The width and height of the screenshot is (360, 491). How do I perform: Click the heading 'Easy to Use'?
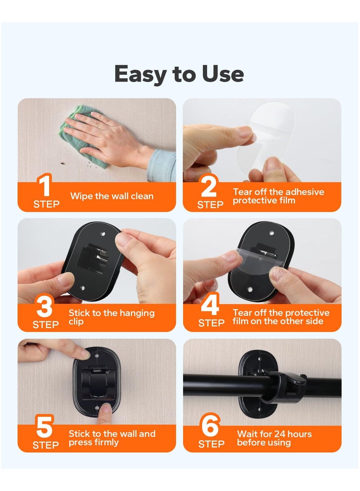[x=179, y=74]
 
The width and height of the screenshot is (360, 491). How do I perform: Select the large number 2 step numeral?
[x=209, y=187]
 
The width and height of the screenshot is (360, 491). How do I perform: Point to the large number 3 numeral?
[x=45, y=307]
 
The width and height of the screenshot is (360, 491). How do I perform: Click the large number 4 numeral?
[x=210, y=306]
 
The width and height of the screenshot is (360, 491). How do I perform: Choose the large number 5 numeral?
[x=45, y=428]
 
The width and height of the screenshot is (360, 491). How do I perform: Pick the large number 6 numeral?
[x=210, y=428]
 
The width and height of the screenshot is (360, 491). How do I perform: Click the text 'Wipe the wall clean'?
[x=112, y=196]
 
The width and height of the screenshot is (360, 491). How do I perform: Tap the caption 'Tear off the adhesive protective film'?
[x=278, y=196]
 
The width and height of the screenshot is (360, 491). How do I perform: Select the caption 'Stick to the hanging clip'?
[x=111, y=317]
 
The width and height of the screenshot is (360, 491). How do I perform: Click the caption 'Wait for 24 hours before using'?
[x=274, y=438]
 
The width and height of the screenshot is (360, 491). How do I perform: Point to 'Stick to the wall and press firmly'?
[x=112, y=438]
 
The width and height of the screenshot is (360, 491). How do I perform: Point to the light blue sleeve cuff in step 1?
[x=162, y=164]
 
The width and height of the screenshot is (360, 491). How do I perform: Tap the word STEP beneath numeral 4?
[x=211, y=323]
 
